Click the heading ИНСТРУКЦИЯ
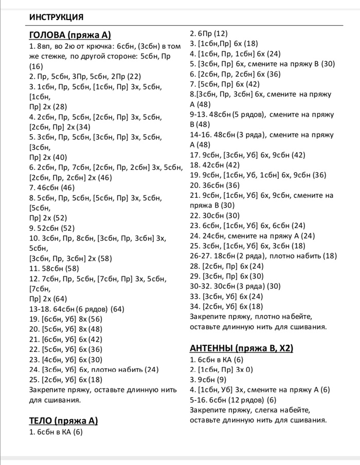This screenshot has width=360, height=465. tap(57, 17)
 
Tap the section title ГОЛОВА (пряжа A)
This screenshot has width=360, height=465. tap(70, 35)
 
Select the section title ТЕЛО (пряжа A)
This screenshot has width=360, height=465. tap(63, 421)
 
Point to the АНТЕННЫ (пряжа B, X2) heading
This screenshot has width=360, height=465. tap(241, 348)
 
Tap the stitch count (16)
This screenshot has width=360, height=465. tap(36, 66)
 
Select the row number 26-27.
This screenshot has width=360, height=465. tap(200, 255)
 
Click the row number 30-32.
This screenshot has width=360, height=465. tap(200, 286)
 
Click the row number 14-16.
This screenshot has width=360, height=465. tap(200, 135)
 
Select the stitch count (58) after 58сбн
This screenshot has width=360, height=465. tap(69, 268)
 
